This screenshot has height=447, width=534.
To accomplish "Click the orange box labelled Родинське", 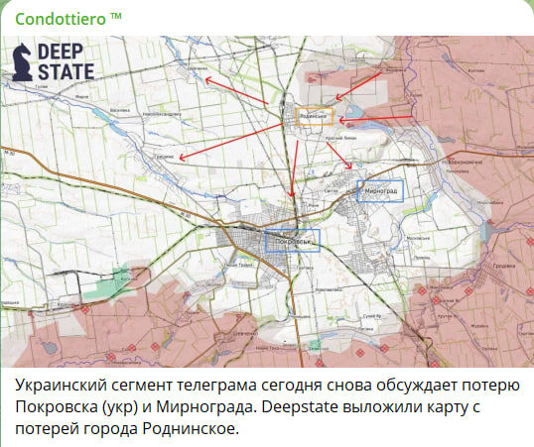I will click(x=310, y=117).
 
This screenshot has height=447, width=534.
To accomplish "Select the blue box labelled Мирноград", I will click(x=379, y=189).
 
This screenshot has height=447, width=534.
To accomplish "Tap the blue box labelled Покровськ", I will click(x=292, y=240).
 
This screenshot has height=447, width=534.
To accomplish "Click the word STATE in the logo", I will click(x=67, y=71).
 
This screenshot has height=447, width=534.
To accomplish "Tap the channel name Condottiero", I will click(x=61, y=18).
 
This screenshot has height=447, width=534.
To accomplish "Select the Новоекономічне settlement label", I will click(x=465, y=162).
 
